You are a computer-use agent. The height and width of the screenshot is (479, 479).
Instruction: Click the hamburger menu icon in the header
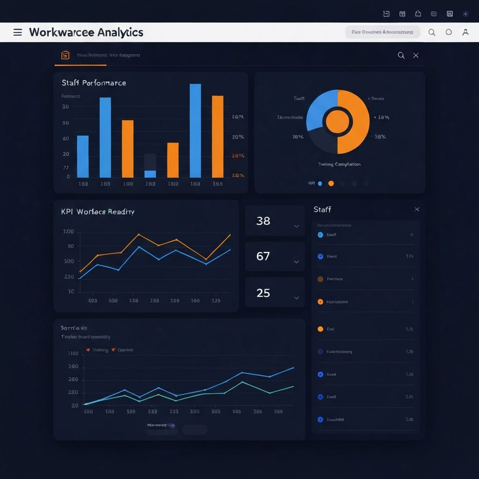tap(18, 32)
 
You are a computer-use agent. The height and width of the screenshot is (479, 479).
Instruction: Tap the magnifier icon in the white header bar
tap(432, 32)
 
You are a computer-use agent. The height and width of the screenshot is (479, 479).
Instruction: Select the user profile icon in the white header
tap(465, 32)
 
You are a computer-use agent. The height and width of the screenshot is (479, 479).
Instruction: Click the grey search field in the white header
tap(382, 32)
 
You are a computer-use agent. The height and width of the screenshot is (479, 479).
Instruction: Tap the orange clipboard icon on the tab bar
tap(65, 55)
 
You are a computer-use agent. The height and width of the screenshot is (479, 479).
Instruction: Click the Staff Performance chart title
tap(94, 83)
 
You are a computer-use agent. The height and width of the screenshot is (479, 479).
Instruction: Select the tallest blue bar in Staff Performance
tap(195, 131)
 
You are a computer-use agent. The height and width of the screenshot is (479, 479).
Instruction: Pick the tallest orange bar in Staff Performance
tap(218, 136)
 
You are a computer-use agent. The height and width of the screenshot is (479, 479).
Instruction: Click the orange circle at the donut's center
tap(337, 122)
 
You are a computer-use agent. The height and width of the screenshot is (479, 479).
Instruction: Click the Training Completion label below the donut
tap(339, 164)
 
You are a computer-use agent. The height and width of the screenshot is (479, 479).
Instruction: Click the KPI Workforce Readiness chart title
tap(98, 212)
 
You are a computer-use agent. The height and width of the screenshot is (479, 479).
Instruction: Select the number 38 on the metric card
tap(263, 221)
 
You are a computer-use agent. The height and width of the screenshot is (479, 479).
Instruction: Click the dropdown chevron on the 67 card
tap(296, 262)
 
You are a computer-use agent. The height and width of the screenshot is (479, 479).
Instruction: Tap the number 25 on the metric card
tap(263, 293)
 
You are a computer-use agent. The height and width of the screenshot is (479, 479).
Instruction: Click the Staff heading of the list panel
tap(322, 210)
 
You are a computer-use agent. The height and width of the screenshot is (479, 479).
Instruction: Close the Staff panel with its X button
tap(417, 210)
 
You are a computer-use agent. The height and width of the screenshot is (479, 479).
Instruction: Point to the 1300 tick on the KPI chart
tap(68, 232)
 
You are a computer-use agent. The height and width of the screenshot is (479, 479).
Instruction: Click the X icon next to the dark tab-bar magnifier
tap(416, 55)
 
